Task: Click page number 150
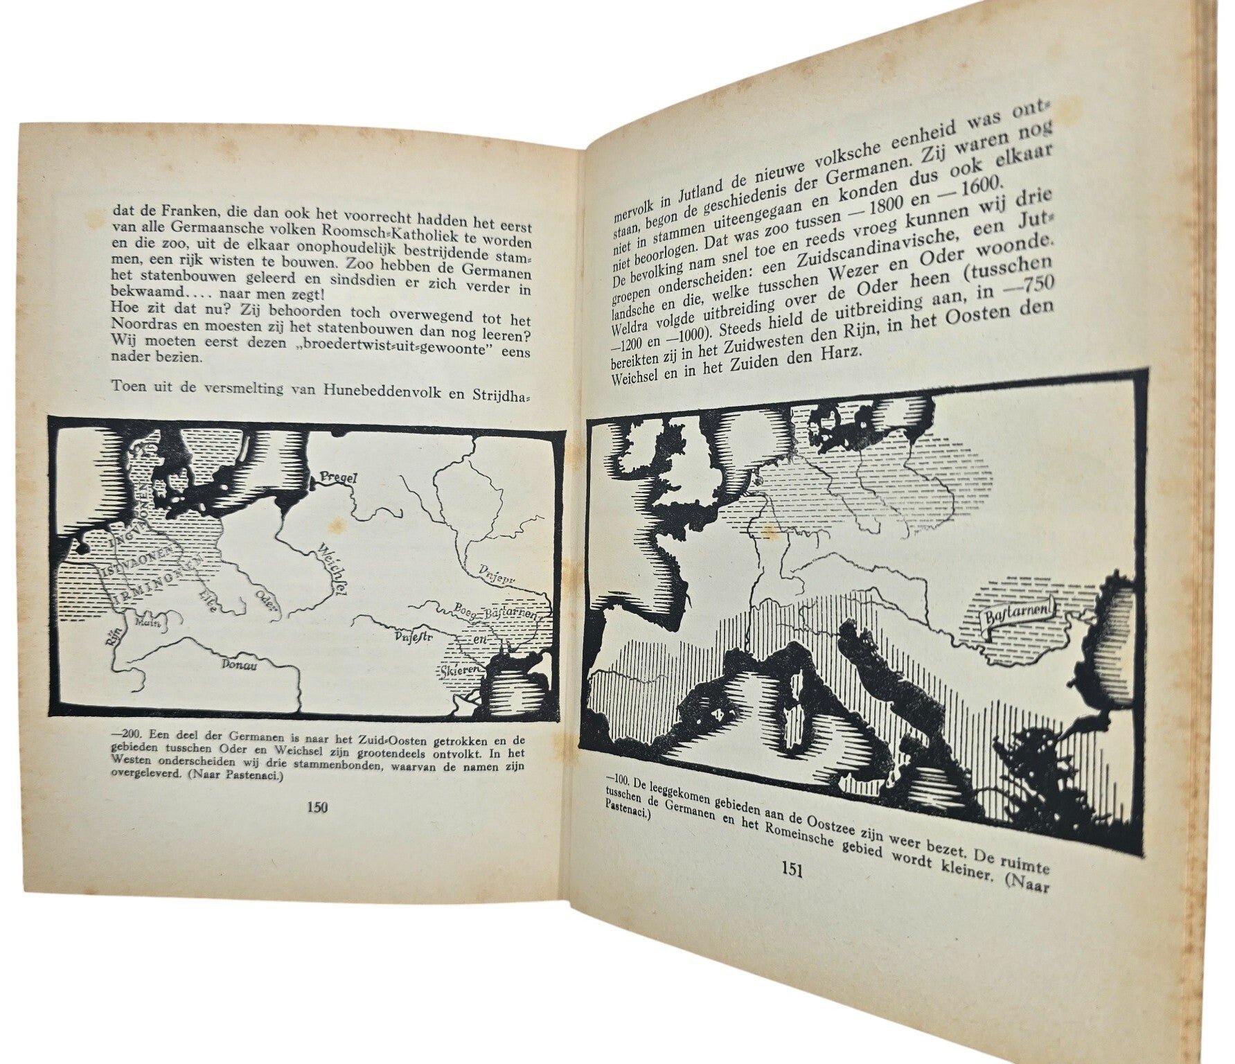point(317,806)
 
